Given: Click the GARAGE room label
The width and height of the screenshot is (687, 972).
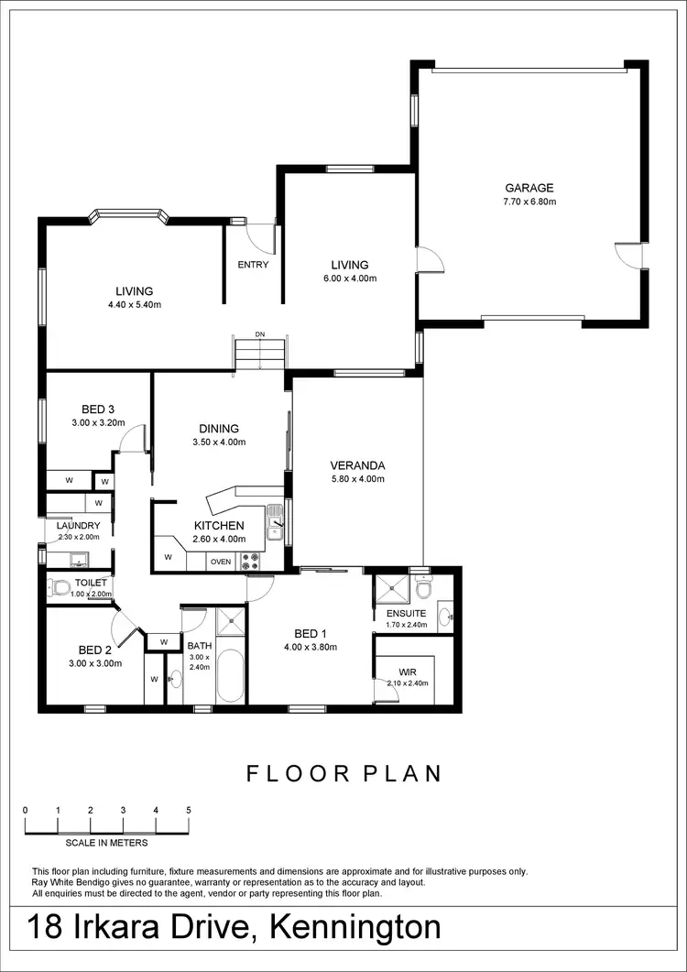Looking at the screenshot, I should point(529,188).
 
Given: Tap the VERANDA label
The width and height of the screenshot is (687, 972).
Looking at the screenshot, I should point(357,464).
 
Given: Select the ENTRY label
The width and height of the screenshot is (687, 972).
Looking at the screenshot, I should point(253,265).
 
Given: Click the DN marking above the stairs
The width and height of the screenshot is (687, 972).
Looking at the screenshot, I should point(260,334).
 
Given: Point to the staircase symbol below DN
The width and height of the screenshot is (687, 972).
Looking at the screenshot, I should point(261,354).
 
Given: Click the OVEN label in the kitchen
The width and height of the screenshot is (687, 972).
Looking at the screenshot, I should point(221,562).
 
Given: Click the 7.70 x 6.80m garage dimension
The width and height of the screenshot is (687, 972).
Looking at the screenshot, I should point(529,202).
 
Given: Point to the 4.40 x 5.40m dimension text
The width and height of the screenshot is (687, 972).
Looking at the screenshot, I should point(134,305).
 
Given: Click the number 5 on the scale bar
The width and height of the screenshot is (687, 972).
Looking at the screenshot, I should point(188,810).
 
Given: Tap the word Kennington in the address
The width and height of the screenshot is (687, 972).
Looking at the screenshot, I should point(355,927).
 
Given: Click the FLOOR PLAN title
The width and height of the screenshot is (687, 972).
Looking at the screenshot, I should point(343,774).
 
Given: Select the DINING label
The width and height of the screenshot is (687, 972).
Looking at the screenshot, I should point(219,429).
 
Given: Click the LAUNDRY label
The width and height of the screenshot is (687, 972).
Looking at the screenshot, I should point(78,526).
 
